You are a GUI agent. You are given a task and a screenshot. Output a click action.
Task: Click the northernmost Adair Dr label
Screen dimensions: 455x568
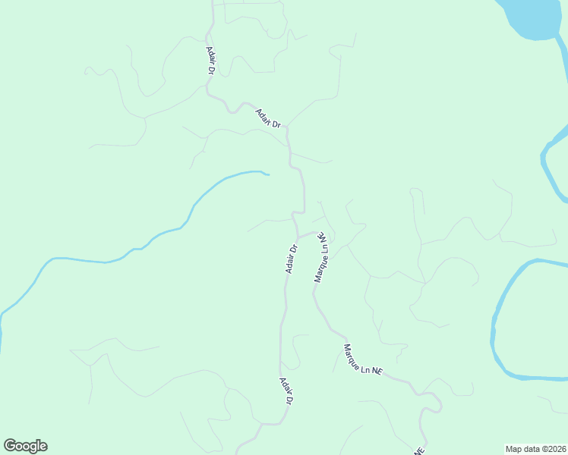[210, 60]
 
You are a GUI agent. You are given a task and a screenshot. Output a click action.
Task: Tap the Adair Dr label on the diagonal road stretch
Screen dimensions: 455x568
[269, 118]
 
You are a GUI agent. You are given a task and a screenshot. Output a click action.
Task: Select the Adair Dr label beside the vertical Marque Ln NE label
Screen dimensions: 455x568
[290, 259]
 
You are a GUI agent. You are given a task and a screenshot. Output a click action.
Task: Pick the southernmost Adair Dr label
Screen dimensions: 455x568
[286, 391]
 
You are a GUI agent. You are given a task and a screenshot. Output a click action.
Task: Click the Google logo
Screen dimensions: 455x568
[25, 446]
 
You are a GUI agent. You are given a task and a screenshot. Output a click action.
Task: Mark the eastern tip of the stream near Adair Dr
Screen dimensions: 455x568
[268, 174]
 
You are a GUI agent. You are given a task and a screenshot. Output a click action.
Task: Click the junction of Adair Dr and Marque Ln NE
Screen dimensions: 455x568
[298, 237]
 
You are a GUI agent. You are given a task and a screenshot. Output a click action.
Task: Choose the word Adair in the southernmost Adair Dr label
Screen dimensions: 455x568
[284, 386]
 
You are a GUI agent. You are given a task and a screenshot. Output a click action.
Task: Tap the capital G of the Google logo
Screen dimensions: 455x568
[11, 445]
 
